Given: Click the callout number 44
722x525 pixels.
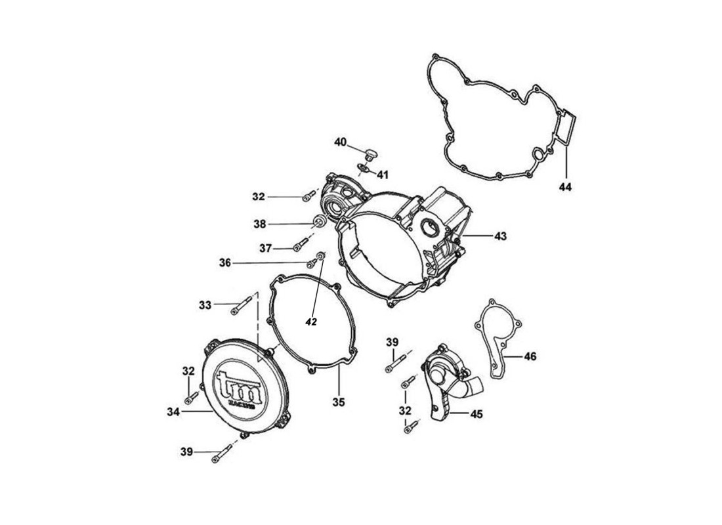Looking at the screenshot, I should point(565,187).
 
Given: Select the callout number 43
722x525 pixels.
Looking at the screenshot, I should point(500,235).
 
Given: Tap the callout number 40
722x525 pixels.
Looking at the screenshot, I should point(340,142).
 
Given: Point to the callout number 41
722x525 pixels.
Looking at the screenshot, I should point(382,175).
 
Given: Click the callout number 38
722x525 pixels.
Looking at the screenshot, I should point(260,224).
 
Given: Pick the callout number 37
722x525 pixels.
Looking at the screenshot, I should point(265,248).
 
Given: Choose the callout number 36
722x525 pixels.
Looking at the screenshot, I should point(225,262).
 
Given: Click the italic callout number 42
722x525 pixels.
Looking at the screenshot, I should point(311,322).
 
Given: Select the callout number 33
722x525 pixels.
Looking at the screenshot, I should point(205,304).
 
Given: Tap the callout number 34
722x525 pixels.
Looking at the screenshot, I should point(173,411).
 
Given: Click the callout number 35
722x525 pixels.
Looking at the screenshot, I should point(338,401).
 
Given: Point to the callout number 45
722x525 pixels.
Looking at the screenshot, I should point(477,414).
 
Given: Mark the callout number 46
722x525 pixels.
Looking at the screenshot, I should point(530,356).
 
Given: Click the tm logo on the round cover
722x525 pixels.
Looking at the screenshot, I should point(239,388).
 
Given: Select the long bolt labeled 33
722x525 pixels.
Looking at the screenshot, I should point(242,303).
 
